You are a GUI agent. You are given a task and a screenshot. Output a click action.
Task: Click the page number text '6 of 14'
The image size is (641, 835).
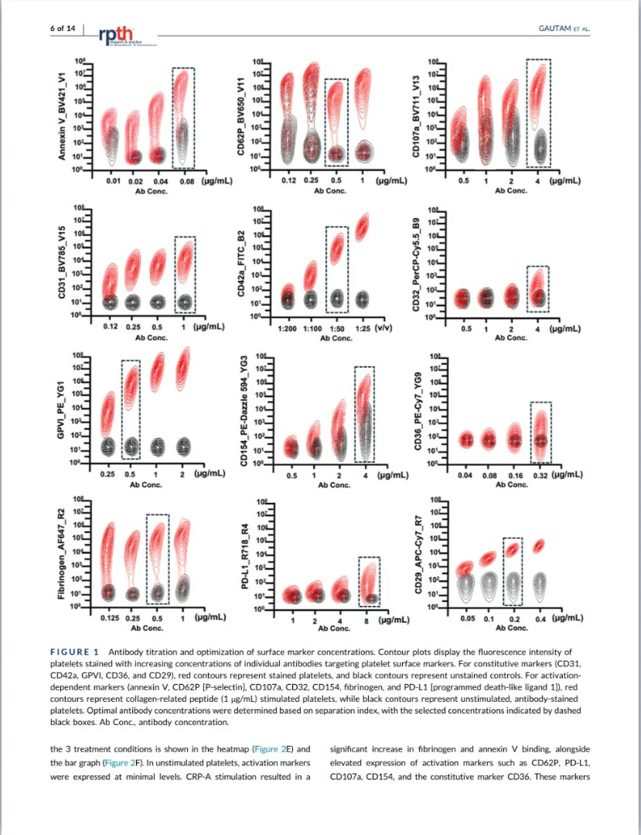click(x=63, y=29)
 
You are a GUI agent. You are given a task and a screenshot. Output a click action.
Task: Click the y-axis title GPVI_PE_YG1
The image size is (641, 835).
click(x=61, y=408)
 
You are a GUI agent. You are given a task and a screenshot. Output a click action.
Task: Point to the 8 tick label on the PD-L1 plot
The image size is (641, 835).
click(x=366, y=621)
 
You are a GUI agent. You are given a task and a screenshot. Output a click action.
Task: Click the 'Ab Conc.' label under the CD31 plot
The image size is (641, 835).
click(x=152, y=337)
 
